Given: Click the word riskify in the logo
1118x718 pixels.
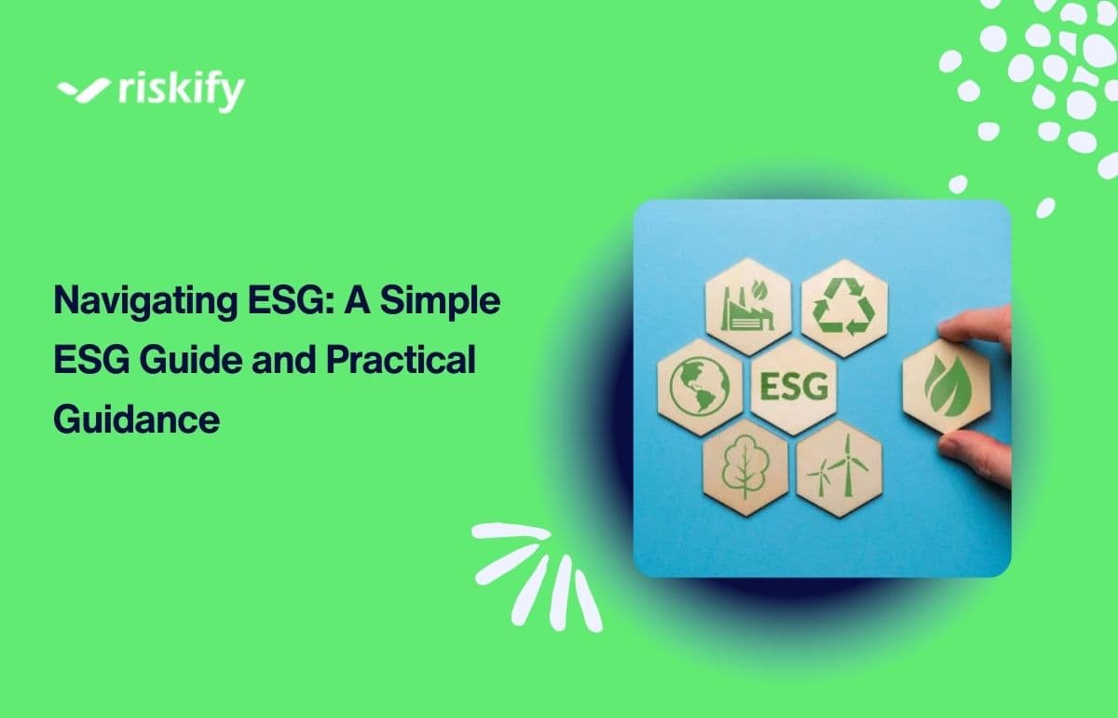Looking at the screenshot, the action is tap(182, 92).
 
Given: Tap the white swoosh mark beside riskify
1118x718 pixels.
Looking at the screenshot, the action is tap(83, 90).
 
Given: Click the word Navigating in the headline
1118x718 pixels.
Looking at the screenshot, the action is tap(145, 302).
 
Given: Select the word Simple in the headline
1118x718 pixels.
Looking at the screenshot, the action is tap(440, 301).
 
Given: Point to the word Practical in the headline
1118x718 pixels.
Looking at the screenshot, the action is tap(401, 359).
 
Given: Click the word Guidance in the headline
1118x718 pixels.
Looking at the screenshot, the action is tap(137, 419).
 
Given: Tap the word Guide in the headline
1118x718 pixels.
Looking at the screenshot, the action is tap(191, 359).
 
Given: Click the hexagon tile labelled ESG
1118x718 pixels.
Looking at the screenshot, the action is tap(794, 387).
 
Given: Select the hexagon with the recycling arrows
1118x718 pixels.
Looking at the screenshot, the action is tap(844, 308).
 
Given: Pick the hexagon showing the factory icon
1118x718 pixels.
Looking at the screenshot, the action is tap(748, 307).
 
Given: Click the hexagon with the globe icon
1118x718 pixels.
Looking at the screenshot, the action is tap(701, 387).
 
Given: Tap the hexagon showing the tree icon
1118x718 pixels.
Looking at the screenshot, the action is tap(745, 468).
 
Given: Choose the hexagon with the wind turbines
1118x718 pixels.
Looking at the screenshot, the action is tap(839, 469).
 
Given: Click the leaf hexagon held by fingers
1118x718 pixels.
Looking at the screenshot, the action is tap(947, 386).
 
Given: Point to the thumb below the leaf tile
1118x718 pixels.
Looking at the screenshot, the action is tap(975, 459).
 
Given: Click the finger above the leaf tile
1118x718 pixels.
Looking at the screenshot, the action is tap(976, 326).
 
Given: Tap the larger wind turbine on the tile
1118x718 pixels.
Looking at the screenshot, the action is tap(848, 464).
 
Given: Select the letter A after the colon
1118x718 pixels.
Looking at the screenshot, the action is tap(356, 300).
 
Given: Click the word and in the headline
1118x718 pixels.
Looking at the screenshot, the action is tap(284, 359).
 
